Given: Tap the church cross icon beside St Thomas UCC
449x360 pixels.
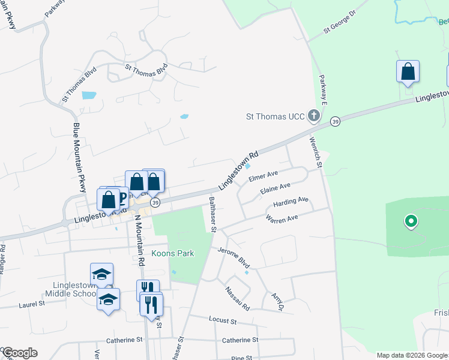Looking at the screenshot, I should click(x=313, y=115).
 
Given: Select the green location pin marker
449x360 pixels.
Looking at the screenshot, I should click(x=411, y=222).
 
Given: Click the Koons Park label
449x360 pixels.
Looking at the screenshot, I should click(x=172, y=253).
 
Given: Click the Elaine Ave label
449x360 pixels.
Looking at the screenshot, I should click(x=276, y=189).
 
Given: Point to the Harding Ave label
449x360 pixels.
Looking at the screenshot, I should click(x=291, y=202).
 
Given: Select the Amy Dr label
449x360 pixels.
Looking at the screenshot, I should click(x=277, y=302).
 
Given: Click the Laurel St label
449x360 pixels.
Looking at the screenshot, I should click(x=32, y=304).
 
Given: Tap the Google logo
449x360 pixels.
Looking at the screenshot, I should click(x=20, y=353).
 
